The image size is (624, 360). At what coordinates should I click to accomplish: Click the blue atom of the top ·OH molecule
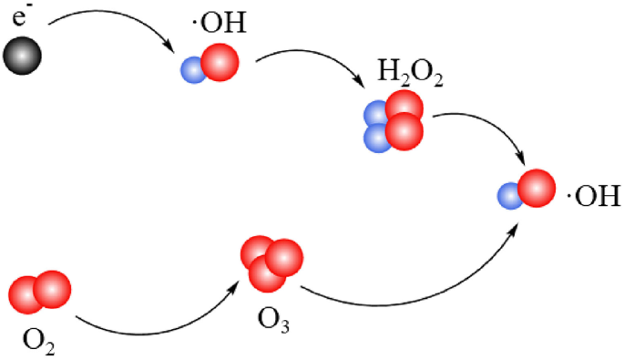(193, 71)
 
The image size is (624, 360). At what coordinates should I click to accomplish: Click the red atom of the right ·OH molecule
(536, 188)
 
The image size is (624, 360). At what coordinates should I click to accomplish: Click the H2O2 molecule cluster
(394, 123)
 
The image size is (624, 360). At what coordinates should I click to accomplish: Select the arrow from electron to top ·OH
(109, 20)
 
